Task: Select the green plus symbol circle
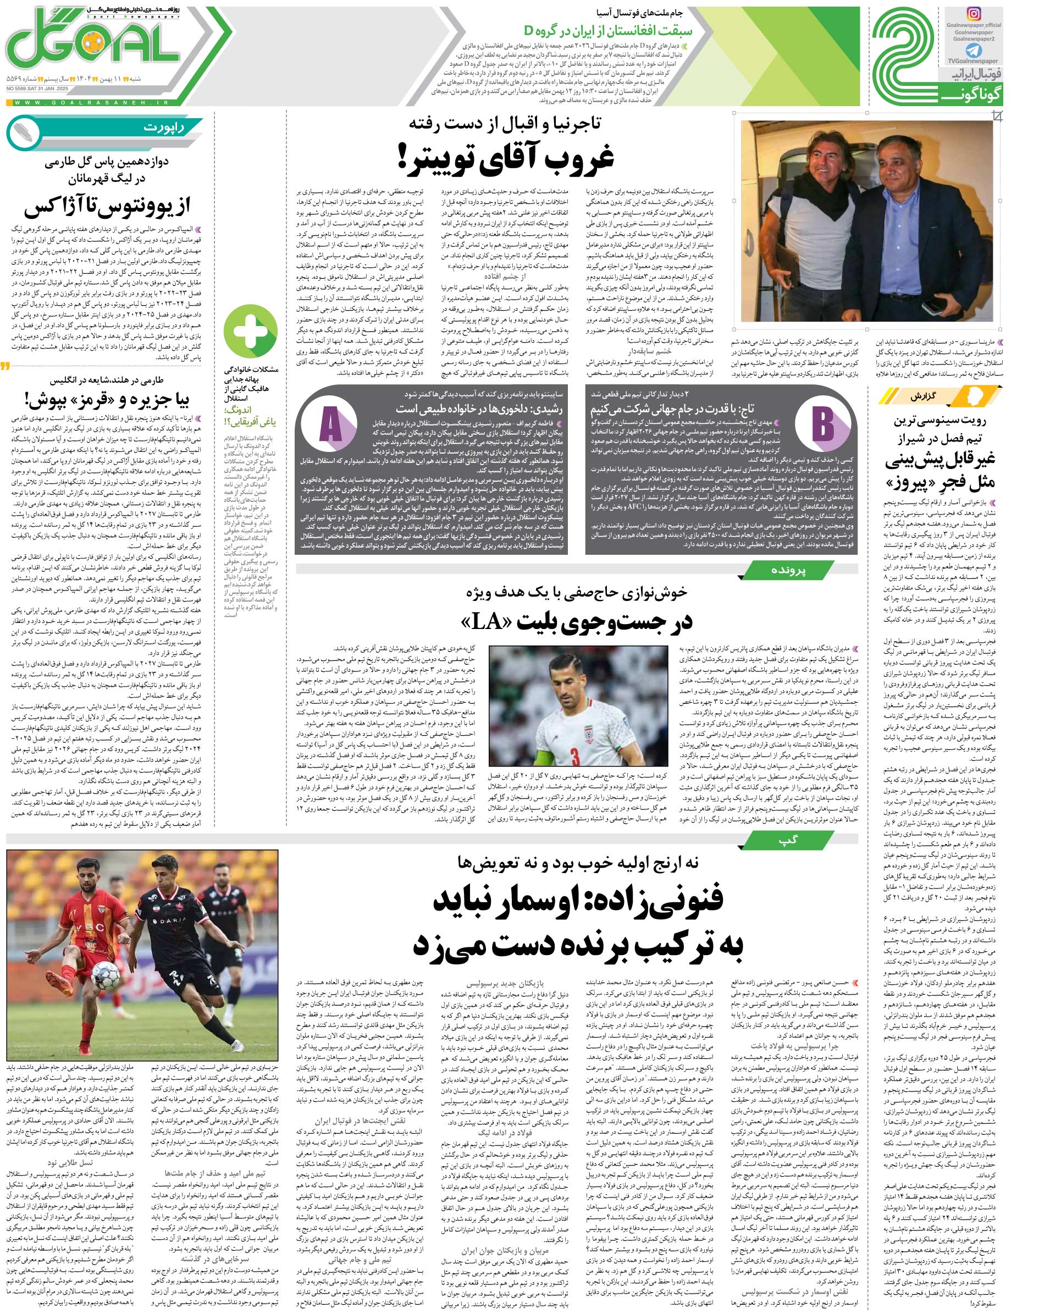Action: pos(251,333)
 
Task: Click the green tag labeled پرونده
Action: pos(789,571)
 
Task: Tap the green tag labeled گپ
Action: pos(789,840)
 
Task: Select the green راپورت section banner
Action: pos(109,128)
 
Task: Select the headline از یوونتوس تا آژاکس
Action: pos(108,207)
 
